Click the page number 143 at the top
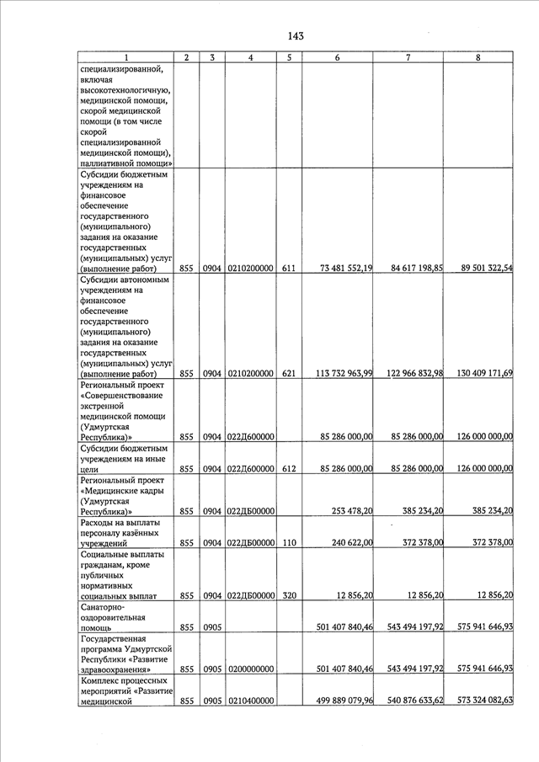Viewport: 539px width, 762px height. point(295,35)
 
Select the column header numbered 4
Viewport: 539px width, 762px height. point(251,57)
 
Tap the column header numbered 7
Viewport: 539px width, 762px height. point(408,57)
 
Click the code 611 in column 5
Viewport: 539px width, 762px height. point(288,268)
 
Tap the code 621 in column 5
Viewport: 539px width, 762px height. point(288,373)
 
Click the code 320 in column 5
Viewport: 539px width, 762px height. point(288,595)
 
